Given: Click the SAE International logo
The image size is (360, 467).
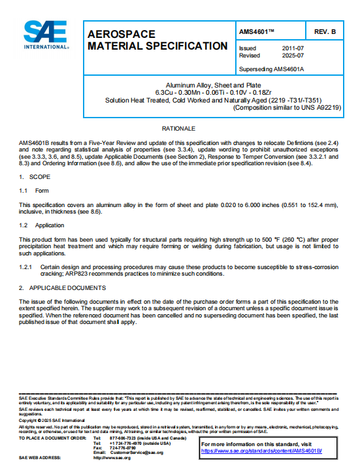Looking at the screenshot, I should tap(44, 35).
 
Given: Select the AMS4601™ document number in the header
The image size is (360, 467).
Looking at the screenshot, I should tap(257, 31).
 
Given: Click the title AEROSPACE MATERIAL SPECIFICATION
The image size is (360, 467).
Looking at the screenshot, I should tap(157, 40).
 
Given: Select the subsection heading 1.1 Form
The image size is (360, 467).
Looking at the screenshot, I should tap(34, 191).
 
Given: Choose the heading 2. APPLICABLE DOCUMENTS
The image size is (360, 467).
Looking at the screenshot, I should tap(63, 287).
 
